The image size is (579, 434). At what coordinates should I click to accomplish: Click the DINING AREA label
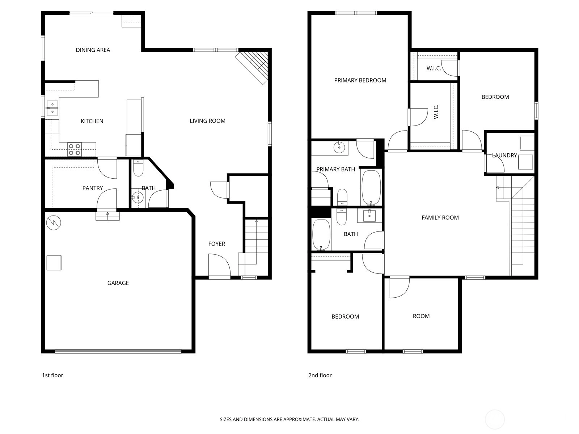(93, 50)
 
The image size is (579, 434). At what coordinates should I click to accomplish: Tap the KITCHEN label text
(92, 121)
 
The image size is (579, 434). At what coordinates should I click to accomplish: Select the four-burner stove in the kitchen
(75, 149)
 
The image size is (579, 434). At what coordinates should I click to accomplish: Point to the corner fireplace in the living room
(252, 68)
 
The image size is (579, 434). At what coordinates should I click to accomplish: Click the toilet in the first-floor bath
(138, 168)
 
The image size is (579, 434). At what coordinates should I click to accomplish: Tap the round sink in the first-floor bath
(137, 197)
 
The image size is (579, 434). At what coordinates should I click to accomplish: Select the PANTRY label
(92, 188)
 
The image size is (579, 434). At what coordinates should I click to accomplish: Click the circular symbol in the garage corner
(54, 223)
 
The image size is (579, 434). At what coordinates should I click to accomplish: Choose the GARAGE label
(118, 283)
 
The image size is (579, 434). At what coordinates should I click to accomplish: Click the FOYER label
(216, 244)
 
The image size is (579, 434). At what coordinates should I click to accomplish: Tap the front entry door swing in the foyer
(219, 265)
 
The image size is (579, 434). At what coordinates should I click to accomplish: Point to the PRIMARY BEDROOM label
(360, 80)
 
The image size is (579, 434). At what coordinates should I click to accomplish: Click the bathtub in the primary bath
(371, 187)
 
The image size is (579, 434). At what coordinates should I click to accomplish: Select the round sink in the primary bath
(339, 147)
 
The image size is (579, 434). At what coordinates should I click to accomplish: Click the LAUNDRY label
(504, 156)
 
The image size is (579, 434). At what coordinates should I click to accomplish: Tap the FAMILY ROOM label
(440, 218)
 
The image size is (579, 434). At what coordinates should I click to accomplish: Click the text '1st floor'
(52, 375)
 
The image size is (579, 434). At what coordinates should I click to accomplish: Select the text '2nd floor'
(320, 375)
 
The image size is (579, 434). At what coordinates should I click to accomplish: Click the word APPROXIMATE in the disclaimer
(300, 419)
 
